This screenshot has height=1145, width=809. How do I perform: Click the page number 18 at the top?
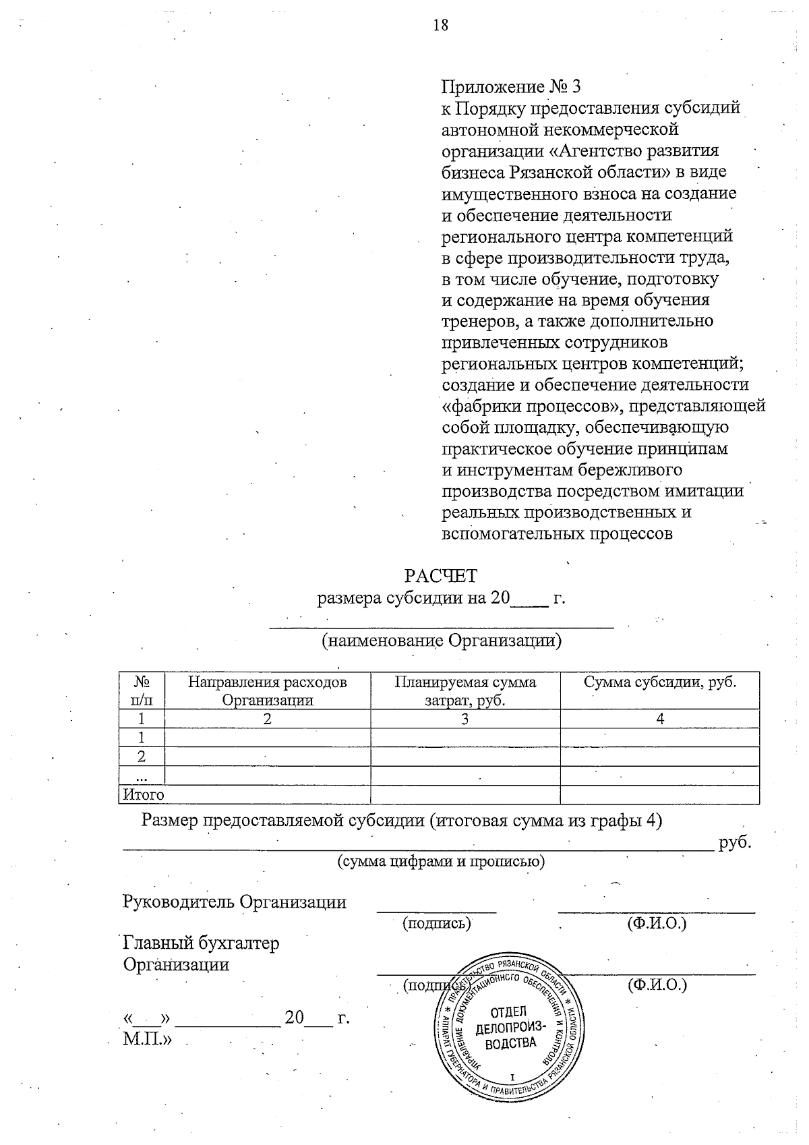click(440, 26)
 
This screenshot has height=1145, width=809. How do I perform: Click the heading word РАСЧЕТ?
click(440, 576)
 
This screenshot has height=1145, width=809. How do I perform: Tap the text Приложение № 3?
click(510, 87)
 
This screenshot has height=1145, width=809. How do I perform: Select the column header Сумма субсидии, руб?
click(659, 682)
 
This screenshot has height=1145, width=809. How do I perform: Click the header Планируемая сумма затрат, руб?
click(465, 691)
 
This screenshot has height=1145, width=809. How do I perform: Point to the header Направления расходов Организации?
click(268, 691)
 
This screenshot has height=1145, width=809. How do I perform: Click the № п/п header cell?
click(142, 691)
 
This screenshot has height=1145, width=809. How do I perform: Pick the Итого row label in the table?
click(142, 795)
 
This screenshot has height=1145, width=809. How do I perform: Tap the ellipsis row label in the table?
click(142, 776)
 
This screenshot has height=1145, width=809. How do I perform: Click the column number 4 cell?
click(660, 719)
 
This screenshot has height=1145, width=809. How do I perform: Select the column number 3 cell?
click(465, 719)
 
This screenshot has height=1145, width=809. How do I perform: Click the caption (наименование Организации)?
click(442, 641)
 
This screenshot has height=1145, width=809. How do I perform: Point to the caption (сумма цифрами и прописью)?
click(441, 862)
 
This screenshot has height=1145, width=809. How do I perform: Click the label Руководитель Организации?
click(235, 902)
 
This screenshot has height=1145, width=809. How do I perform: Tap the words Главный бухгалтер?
click(201, 943)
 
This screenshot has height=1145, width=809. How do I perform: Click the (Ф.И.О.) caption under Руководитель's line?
click(657, 922)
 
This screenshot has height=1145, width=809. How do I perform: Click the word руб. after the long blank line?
click(735, 843)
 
